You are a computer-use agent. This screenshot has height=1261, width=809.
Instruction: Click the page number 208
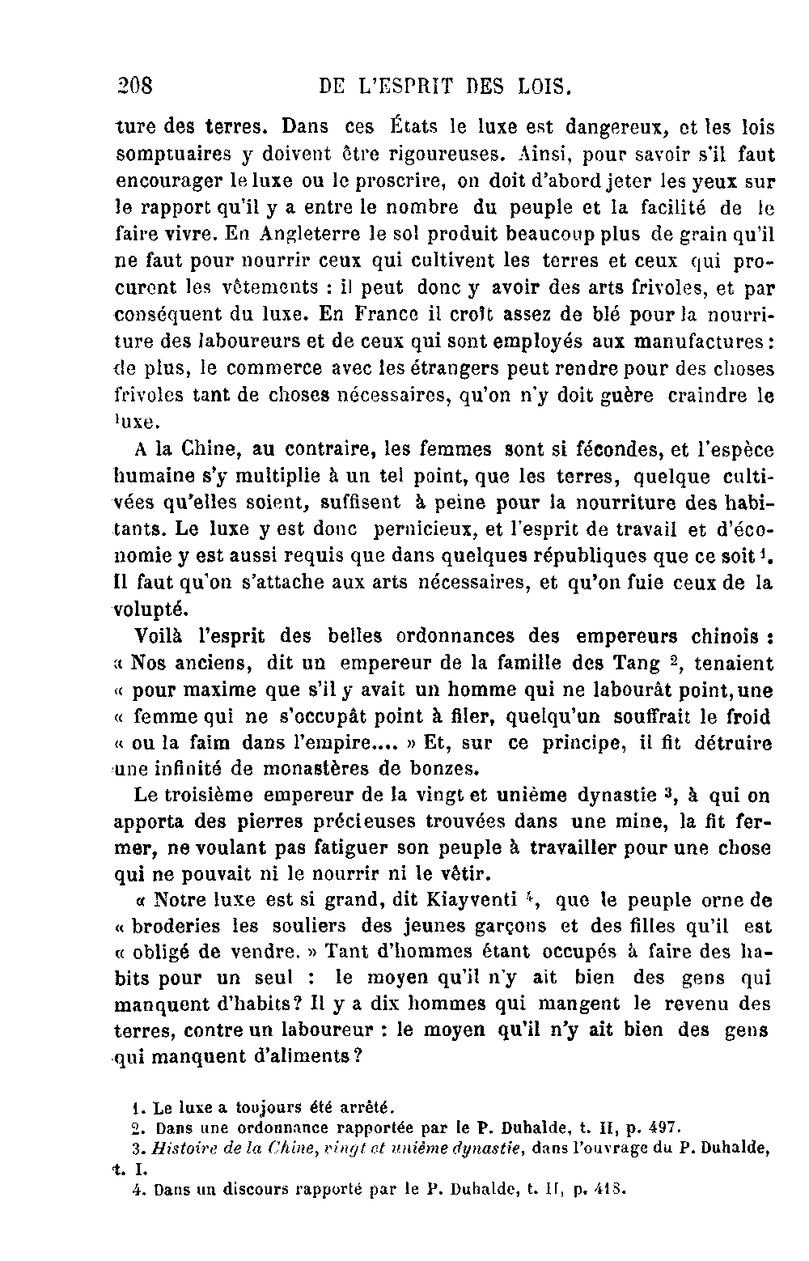coord(135,85)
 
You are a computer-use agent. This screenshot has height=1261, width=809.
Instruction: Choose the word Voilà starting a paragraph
coord(158,636)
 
